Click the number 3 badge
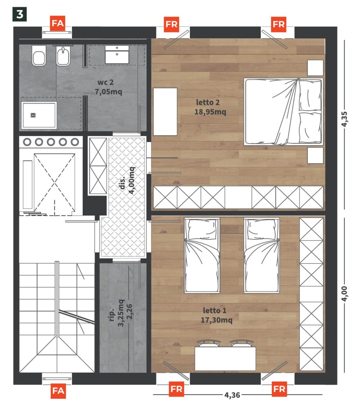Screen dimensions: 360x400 [x=20, y=14]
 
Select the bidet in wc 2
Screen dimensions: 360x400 [x=63, y=56]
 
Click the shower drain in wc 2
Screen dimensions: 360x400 [x=33, y=115]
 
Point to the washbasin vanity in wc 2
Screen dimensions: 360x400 [x=117, y=54]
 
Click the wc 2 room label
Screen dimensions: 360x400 [x=105, y=82]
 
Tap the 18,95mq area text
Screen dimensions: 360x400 [x=210, y=112]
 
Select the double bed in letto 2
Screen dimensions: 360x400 [x=283, y=112]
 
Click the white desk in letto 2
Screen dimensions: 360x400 [x=165, y=112]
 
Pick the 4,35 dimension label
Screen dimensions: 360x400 [x=344, y=119]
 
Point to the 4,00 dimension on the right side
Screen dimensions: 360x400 [x=344, y=294]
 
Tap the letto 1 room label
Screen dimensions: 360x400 [x=215, y=311]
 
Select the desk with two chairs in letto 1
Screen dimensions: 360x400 [x=225, y=355]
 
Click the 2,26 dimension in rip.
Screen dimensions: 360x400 [x=130, y=311]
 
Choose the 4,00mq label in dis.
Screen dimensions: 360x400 [x=132, y=180]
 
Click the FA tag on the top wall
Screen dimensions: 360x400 [x=58, y=23]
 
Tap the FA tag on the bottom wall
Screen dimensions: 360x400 [x=58, y=391]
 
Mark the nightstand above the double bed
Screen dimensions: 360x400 [x=315, y=68]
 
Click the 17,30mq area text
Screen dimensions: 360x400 [x=216, y=320]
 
